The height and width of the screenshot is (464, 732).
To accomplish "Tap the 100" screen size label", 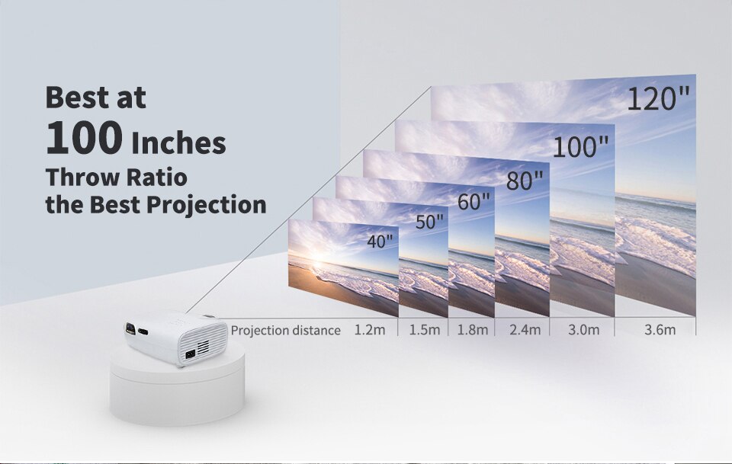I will pos(581,147).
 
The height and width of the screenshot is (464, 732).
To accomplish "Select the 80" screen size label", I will pos(525,181).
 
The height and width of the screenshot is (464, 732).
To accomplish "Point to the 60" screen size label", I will pos(474,202).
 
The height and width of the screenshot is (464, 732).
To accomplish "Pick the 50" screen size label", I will pos(429,222).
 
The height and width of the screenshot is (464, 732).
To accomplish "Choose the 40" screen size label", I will pos(380,242).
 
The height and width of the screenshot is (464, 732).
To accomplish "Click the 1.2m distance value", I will pos(370,330).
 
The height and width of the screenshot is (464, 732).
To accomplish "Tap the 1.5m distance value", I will pos(425,330).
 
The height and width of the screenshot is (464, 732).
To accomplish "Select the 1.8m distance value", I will pos(473,330).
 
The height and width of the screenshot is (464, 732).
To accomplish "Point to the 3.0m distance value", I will pos(584,330).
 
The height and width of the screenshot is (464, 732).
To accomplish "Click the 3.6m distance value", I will pos(660,330).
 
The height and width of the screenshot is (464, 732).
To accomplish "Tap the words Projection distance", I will pos(285,330).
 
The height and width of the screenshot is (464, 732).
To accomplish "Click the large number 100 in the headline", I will pos(85,139).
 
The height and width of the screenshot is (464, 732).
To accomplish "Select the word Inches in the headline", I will pos(179,142).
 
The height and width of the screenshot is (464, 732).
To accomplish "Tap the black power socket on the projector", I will pos(188,353).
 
